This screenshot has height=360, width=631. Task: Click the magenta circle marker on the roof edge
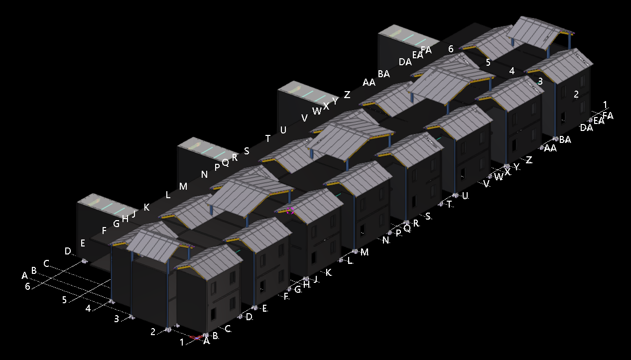click(290, 211)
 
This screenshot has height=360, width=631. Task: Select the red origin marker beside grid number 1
click(196, 337)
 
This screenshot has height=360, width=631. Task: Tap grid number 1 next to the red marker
click(182, 342)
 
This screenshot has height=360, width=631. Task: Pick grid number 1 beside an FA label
click(605, 105)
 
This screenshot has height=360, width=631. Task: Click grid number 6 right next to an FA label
click(451, 49)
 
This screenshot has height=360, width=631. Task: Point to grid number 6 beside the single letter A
click(27, 286)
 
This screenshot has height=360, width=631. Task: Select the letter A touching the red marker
click(207, 341)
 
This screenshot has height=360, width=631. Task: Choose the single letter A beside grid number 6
click(25, 275)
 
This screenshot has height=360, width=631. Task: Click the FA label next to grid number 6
click(426, 50)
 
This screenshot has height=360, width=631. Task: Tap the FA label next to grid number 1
click(608, 116)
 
